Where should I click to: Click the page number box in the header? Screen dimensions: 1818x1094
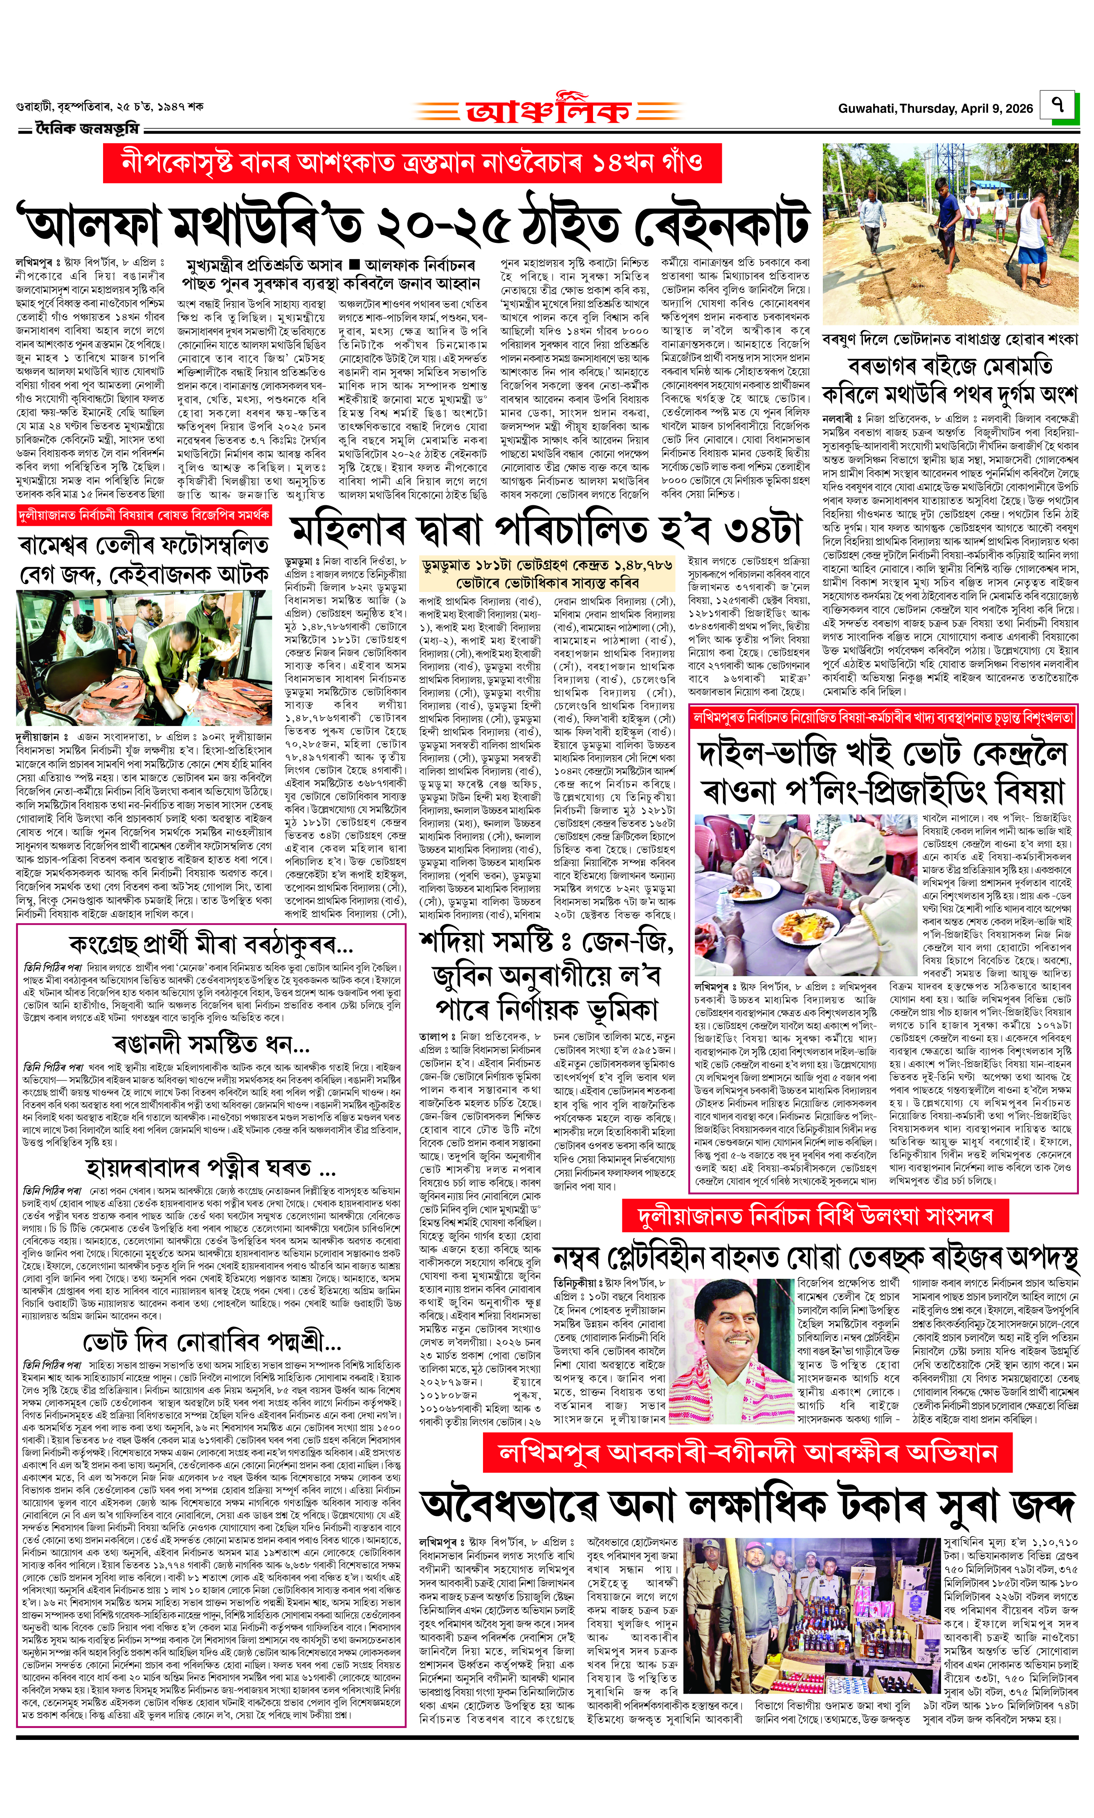(1058, 105)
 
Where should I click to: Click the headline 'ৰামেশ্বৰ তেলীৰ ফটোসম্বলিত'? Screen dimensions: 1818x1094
(144, 546)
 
